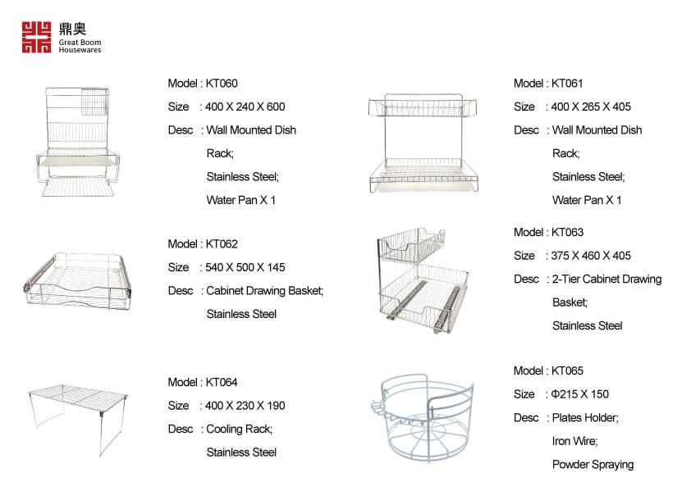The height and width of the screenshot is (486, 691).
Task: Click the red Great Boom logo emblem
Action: (37, 37)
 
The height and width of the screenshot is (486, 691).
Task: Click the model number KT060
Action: (222, 84)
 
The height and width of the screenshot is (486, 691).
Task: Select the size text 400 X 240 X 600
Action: (245, 107)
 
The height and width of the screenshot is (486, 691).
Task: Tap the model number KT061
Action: (567, 84)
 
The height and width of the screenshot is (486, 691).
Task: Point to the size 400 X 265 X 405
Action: (591, 107)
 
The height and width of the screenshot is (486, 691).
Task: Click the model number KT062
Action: (222, 244)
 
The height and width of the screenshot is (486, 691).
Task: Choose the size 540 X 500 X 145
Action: (245, 267)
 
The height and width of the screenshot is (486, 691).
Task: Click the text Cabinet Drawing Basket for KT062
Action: (264, 291)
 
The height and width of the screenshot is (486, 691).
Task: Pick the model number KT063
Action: (567, 232)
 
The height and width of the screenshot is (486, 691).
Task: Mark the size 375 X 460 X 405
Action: (591, 256)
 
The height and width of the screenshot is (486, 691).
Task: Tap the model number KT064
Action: (222, 382)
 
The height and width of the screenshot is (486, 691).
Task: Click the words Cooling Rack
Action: (239, 429)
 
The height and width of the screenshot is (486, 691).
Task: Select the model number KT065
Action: (567, 370)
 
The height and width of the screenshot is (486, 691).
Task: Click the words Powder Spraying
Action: (593, 465)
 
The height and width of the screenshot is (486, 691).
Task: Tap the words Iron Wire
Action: (574, 441)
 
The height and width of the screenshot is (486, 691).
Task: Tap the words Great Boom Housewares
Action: (80, 46)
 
